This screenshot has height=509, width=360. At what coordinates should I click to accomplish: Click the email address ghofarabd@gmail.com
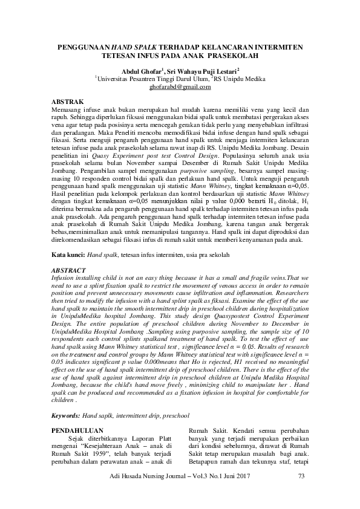click(180, 86)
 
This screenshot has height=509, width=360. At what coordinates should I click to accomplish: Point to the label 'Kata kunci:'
click(68, 255)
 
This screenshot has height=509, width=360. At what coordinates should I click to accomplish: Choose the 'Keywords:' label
click(66, 416)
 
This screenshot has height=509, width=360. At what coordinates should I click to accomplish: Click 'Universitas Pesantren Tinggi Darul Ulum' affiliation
click(151, 79)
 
